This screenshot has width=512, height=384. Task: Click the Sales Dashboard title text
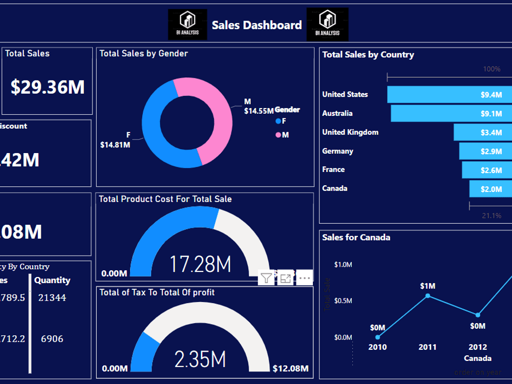257,25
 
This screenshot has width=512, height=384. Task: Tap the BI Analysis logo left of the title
187,25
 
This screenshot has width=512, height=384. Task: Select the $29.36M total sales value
48,87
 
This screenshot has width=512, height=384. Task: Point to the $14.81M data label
115,145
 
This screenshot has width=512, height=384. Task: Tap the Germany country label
337,151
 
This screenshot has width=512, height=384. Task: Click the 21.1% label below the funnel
492,216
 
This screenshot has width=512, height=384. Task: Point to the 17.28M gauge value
200,264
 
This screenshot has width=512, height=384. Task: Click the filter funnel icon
266,278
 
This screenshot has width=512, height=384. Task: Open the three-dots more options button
305,278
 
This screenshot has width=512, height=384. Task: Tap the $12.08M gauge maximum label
291,369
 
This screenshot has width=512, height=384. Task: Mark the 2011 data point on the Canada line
428,296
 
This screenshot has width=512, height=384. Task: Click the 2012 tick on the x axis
478,347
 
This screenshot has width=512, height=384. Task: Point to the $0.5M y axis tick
343,301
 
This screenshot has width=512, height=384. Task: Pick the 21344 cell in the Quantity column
52,297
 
